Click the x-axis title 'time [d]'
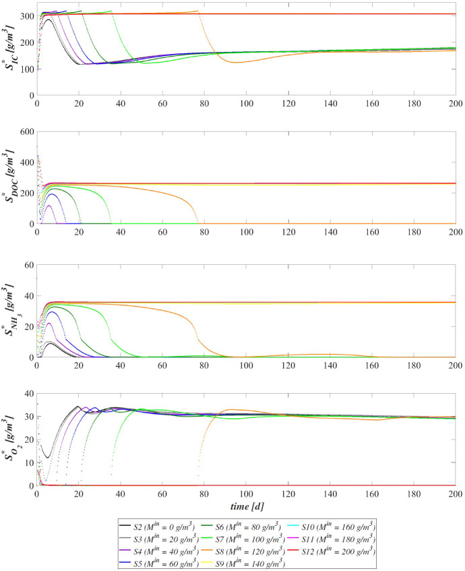coord(245,504)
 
